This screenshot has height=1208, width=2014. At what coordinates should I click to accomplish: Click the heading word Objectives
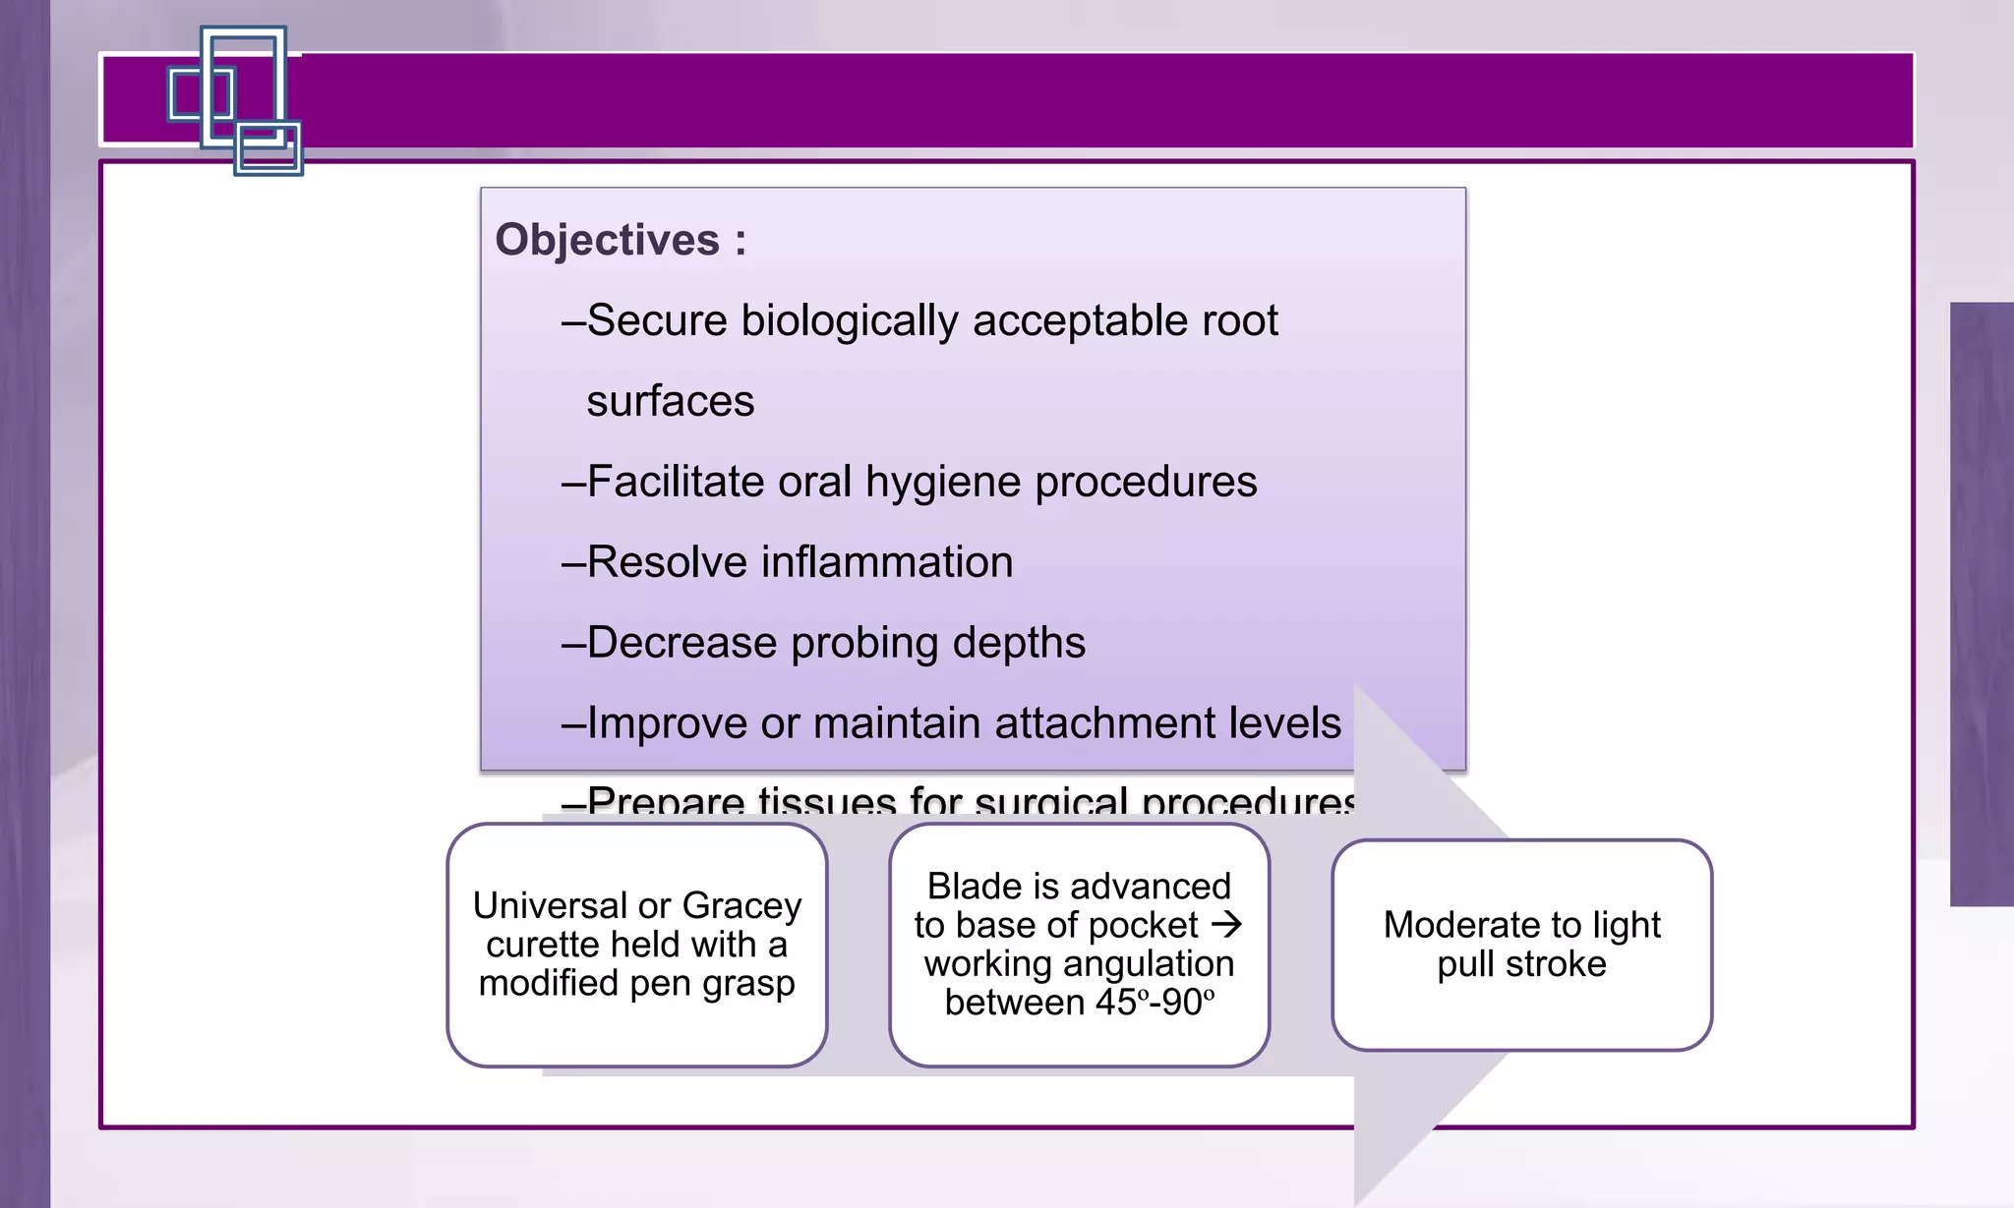607,240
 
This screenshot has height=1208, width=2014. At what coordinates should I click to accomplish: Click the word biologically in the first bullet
849,321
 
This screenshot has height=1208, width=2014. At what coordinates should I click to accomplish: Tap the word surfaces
670,401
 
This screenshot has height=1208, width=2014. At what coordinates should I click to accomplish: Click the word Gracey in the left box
741,905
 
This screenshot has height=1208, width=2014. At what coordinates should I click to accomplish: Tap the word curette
542,945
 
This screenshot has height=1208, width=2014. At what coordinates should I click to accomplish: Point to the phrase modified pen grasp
636,983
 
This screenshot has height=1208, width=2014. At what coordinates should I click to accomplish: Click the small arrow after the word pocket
1226,925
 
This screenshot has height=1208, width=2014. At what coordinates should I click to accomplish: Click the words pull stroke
1521,964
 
